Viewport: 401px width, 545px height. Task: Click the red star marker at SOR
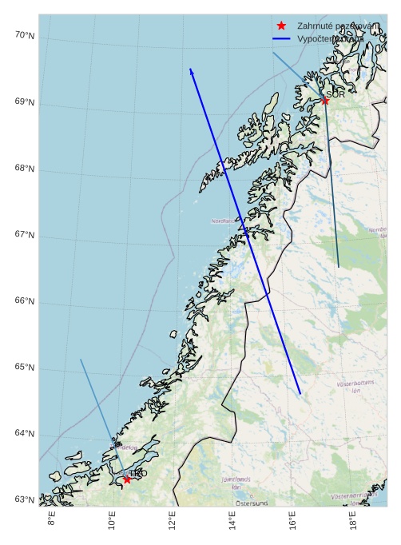325,101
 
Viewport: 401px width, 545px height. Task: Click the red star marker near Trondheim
127,479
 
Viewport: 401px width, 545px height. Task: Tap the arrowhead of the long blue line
191,70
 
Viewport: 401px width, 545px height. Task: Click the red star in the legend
280,26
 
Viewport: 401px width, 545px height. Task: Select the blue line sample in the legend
280,38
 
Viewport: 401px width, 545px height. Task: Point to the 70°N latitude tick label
25,35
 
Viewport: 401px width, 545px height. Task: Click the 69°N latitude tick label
25,102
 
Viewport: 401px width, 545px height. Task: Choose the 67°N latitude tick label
25,235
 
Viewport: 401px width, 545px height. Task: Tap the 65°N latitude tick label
25,368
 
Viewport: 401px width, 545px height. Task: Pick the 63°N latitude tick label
25,500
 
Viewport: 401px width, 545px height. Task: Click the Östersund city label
251,503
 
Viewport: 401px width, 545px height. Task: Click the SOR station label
335,94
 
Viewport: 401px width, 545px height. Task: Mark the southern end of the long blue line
300,393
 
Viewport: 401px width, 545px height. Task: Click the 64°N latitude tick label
25,434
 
